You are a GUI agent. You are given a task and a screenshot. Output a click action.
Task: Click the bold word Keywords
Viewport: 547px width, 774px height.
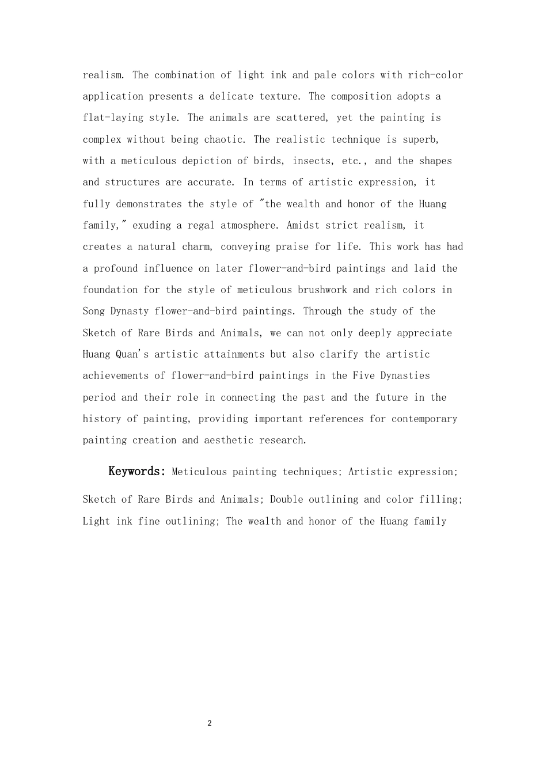pyautogui.click(x=136, y=472)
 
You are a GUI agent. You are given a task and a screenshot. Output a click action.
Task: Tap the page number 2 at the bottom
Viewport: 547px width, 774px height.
pyautogui.click(x=209, y=723)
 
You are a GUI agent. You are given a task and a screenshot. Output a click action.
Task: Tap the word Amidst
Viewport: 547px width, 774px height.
pyautogui.click(x=303, y=225)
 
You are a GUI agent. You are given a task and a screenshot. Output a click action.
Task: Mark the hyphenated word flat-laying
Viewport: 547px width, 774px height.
pyautogui.click(x=113, y=117)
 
